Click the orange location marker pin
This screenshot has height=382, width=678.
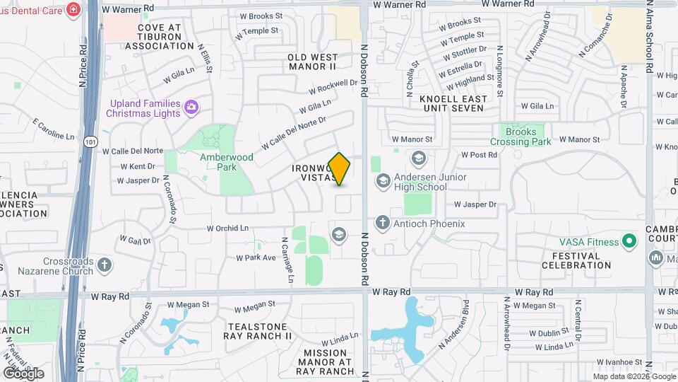point(340,168)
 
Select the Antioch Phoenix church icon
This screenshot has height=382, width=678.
point(383,224)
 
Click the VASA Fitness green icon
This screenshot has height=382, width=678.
point(626,242)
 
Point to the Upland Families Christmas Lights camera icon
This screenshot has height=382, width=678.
point(191,108)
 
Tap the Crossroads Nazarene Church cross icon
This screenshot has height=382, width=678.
point(104,265)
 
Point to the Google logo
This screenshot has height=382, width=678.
point(23,373)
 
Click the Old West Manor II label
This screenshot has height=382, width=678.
point(312,61)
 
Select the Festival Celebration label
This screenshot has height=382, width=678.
point(576,260)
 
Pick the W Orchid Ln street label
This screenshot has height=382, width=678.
point(227,228)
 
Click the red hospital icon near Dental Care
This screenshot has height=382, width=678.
point(73,9)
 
